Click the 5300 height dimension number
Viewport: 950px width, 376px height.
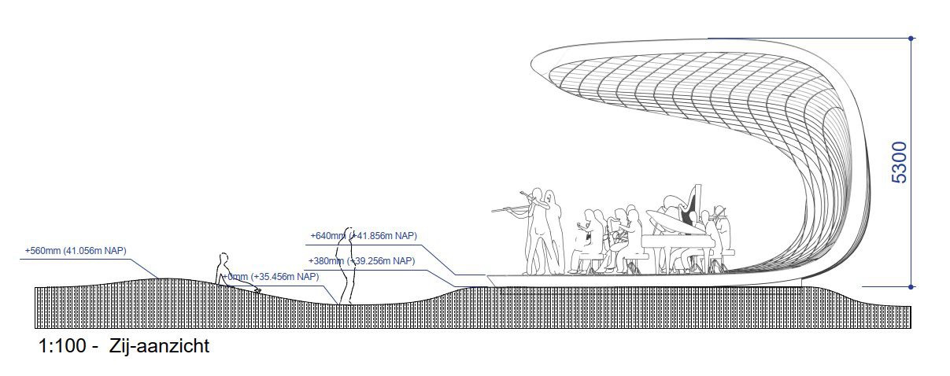[x=899, y=163]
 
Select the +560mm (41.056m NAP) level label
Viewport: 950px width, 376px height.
[x=76, y=251]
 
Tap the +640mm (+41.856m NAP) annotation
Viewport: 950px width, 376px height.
[x=363, y=235]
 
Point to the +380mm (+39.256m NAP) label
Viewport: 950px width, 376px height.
[x=361, y=261]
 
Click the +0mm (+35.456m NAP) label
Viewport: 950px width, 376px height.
[x=272, y=277]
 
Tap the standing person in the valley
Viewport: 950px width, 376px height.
[x=346, y=267]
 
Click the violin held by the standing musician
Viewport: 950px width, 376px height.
[x=508, y=209]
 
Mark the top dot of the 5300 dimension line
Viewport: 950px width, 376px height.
[x=911, y=38]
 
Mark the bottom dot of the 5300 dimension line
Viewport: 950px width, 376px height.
[x=911, y=286]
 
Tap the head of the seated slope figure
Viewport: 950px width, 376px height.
[x=223, y=258]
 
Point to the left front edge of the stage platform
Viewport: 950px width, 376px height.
[x=490, y=277]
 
